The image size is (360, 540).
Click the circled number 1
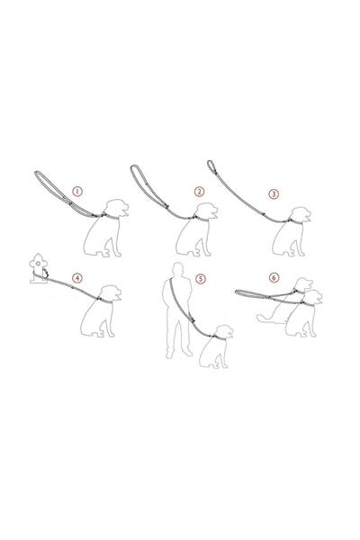click(77, 192)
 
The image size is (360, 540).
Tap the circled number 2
click(199, 192)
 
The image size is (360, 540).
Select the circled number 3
click(274, 193)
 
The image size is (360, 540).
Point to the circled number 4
click(77, 277)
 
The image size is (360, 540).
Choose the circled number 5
click(202, 278)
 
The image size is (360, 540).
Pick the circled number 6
click(274, 277)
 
